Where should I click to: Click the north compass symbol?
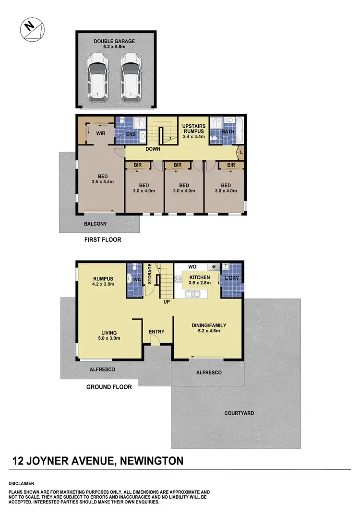coord(31,28)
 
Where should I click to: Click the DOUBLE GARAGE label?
coord(115,41)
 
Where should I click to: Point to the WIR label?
coord(101,133)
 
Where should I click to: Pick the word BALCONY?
coord(96,224)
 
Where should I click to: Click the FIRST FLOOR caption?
coord(103,239)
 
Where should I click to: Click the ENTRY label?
coord(156,332)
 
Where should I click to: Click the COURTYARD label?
coord(239,413)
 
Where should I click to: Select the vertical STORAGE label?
coord(150,274)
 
